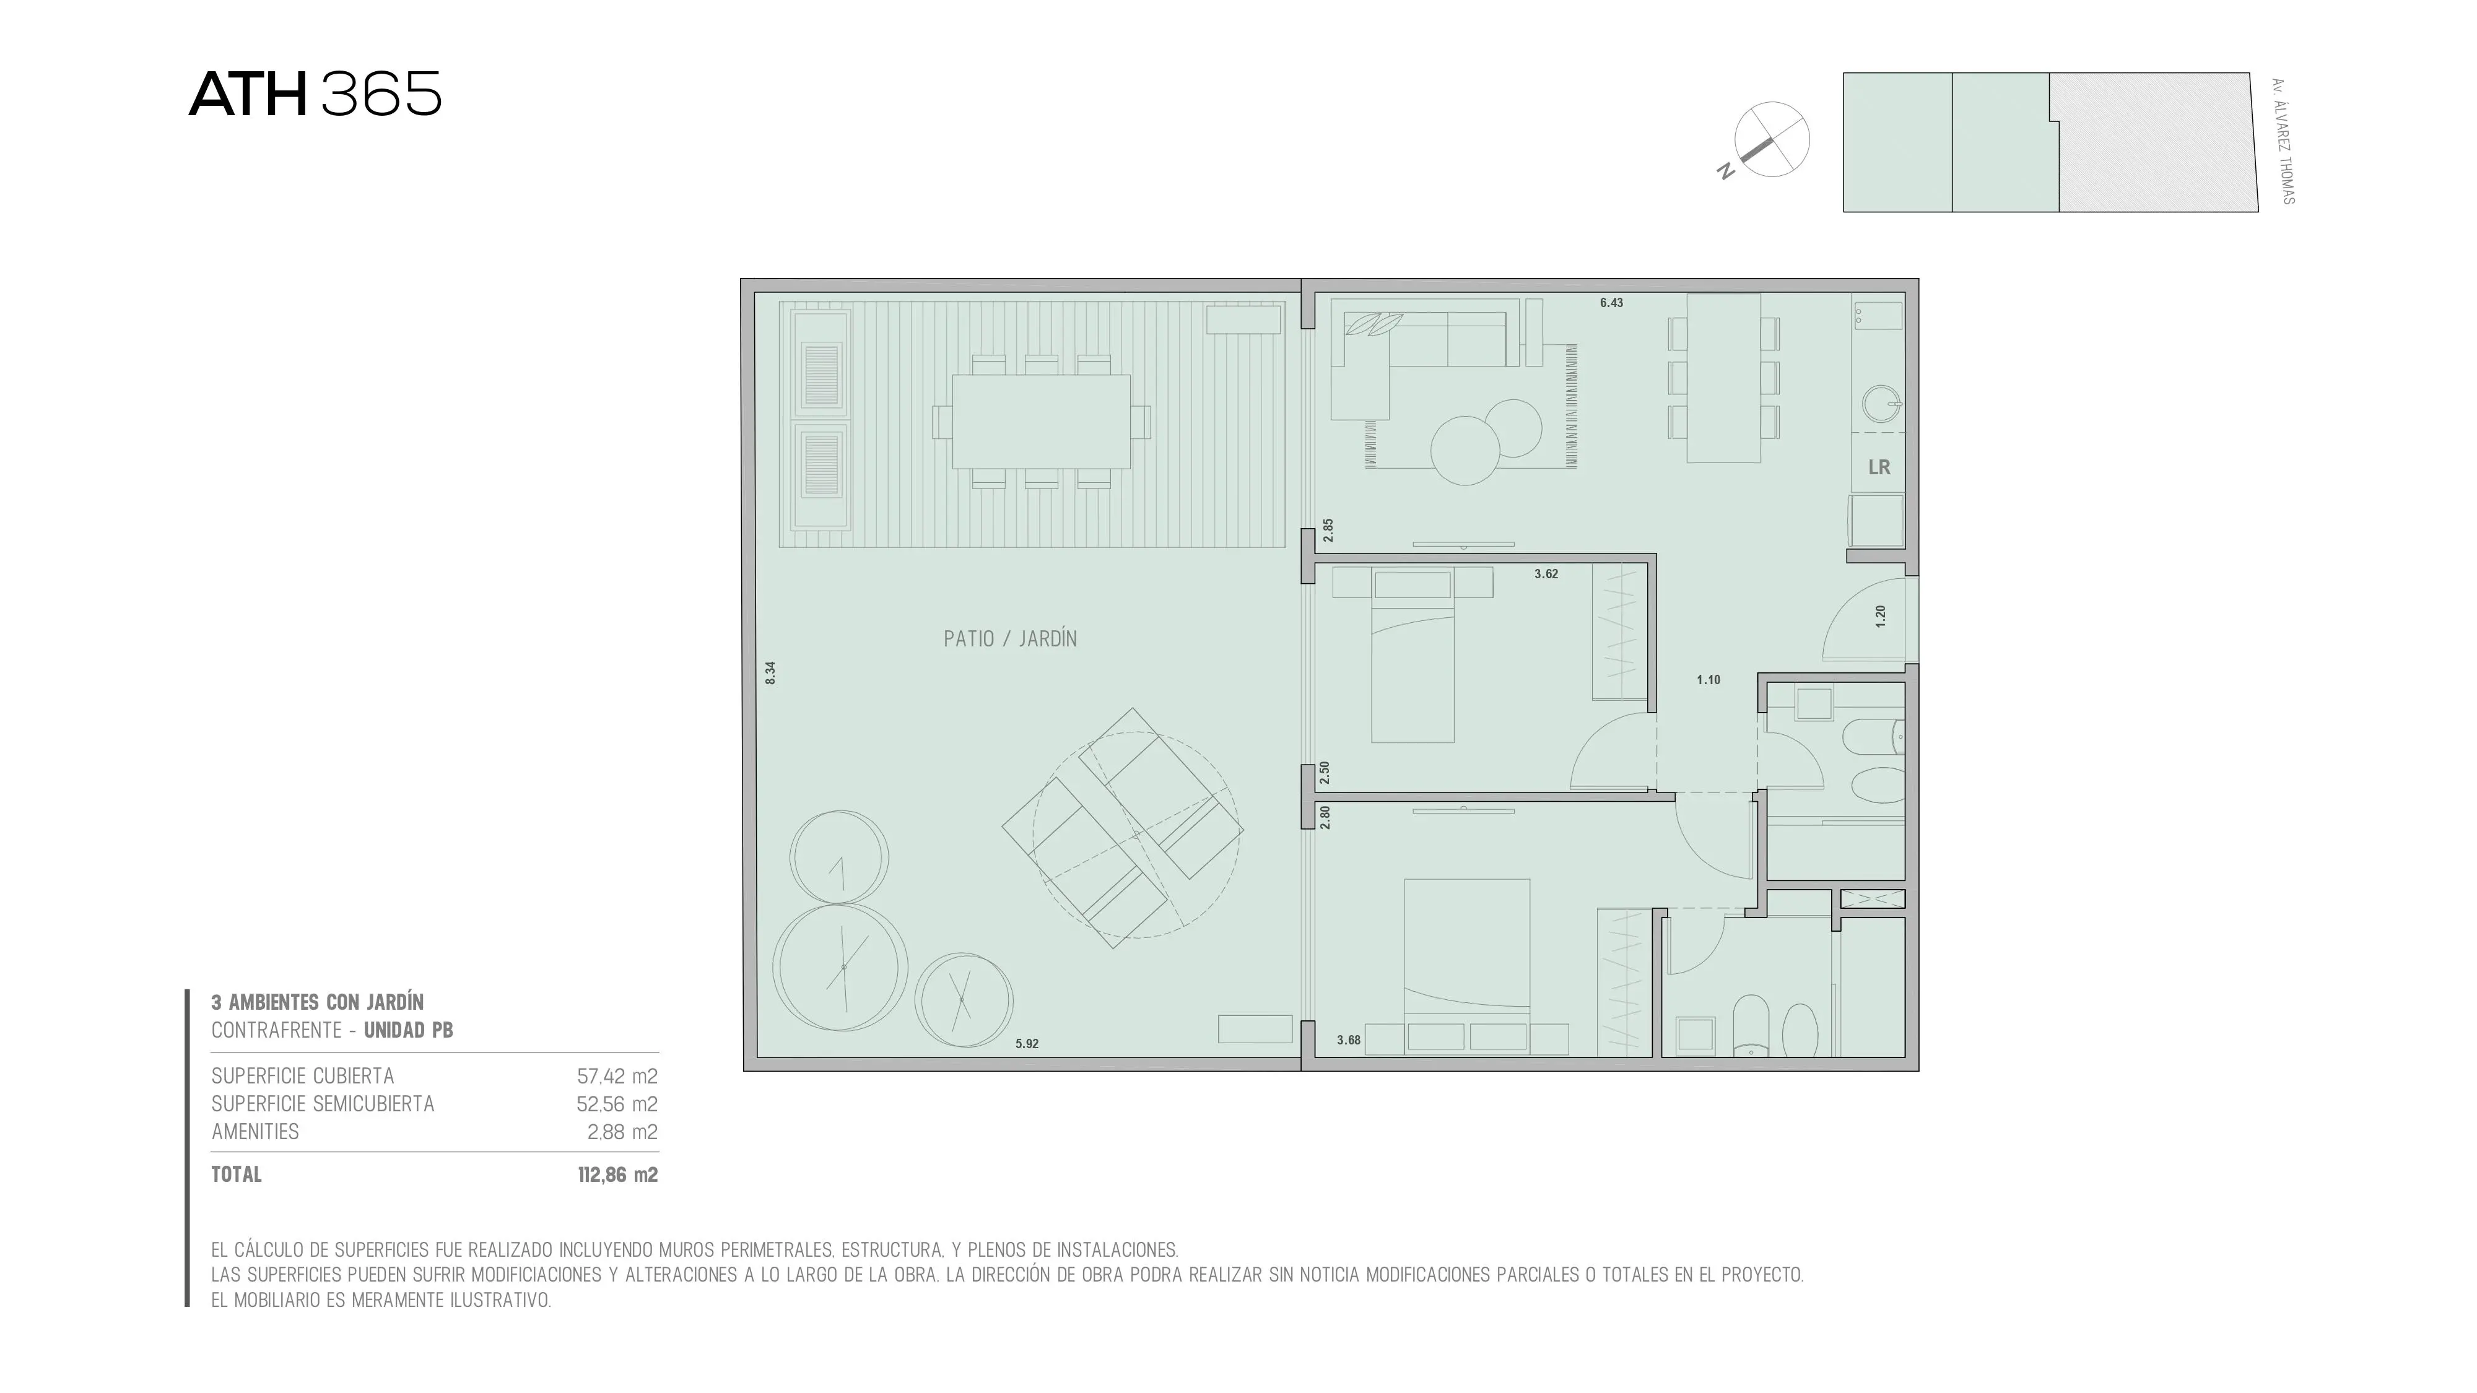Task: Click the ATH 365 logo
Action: point(315,94)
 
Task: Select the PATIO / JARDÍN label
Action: point(1009,638)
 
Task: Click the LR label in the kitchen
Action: point(1879,467)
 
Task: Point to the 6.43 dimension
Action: point(1611,303)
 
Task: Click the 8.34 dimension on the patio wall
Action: point(770,673)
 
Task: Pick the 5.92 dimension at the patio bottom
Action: point(1027,1044)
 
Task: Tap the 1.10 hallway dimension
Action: point(1709,680)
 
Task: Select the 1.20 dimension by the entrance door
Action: point(1881,616)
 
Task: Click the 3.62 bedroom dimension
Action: point(1546,574)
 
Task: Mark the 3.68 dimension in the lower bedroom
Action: point(1349,1040)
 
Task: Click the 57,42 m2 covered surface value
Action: point(617,1077)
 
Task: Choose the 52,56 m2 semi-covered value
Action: point(617,1104)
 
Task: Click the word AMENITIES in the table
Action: point(256,1132)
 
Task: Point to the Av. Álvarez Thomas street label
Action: point(2283,141)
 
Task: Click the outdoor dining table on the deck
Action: point(1042,421)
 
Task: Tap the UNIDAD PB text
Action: point(409,1031)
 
